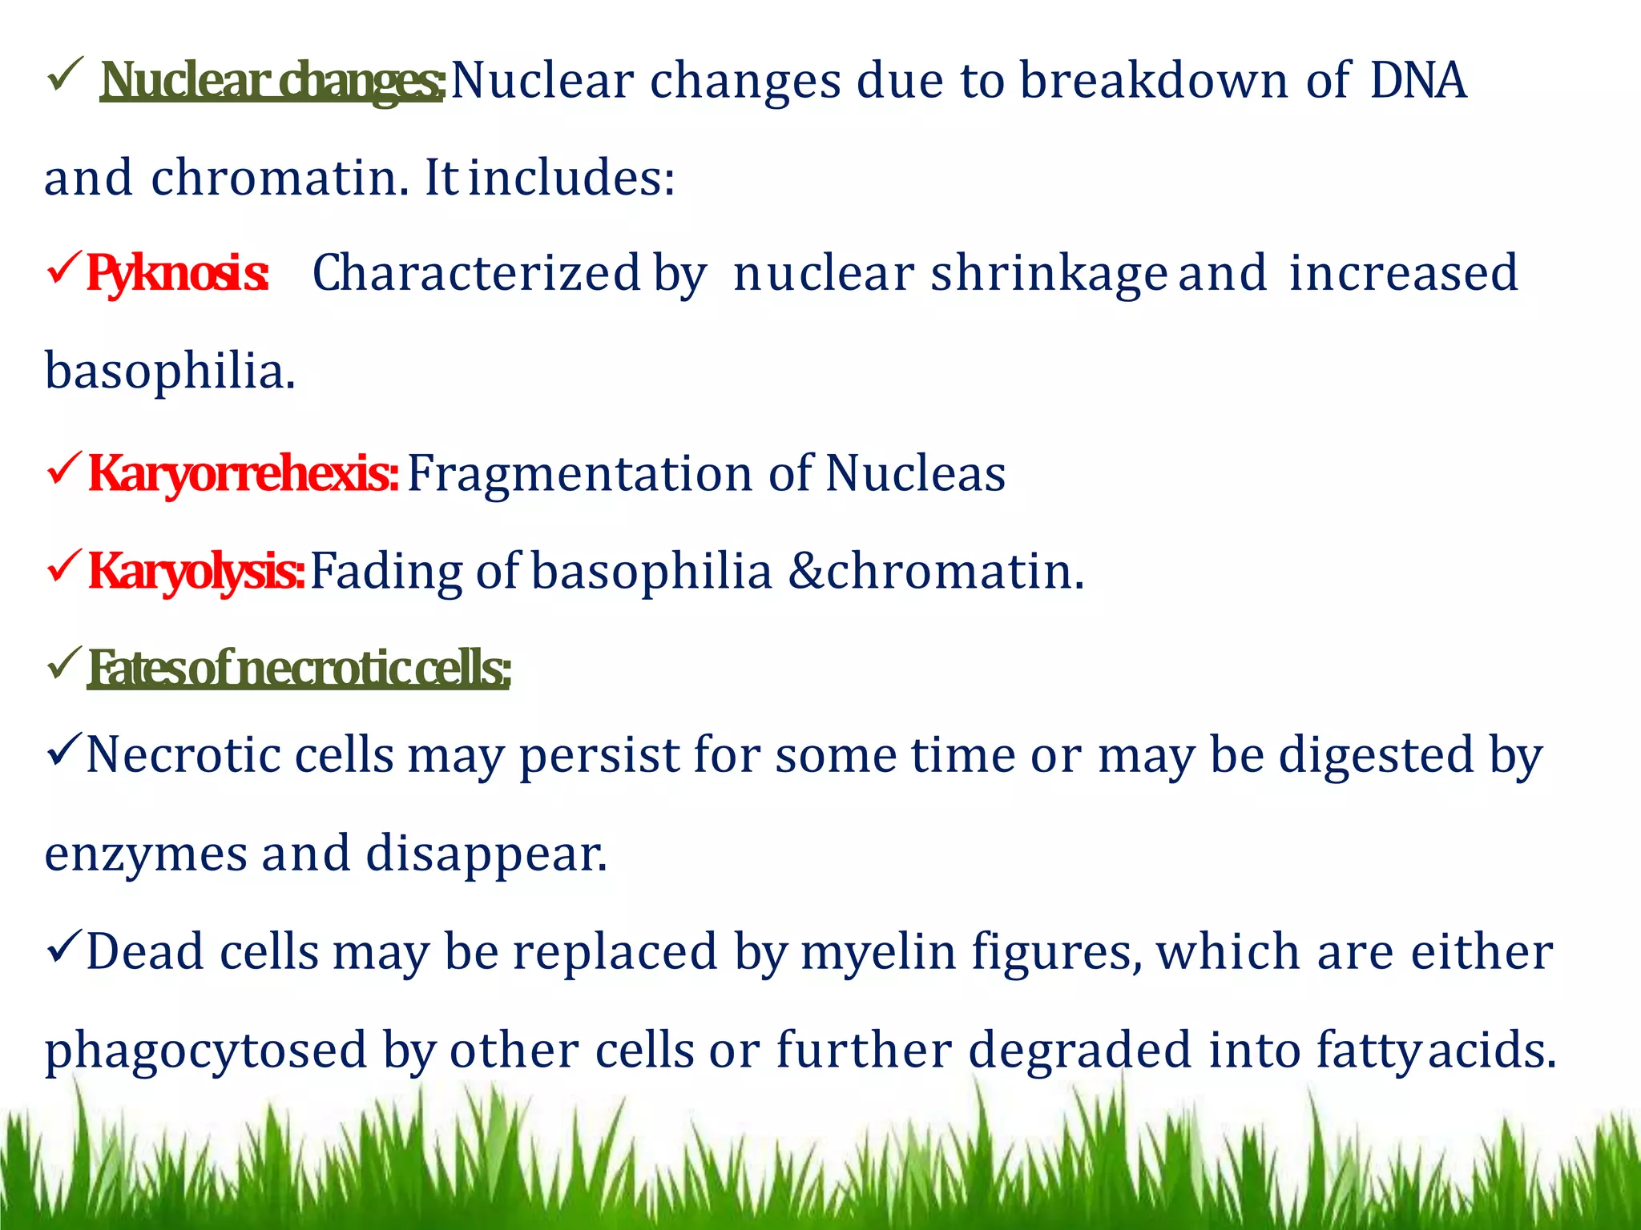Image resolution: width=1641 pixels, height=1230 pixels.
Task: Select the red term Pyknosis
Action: click(x=176, y=274)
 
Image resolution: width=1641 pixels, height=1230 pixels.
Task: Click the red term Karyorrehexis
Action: click(x=242, y=473)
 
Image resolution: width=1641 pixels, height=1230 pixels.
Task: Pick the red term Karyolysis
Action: click(x=196, y=572)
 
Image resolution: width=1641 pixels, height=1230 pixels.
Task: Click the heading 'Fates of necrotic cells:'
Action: click(x=298, y=669)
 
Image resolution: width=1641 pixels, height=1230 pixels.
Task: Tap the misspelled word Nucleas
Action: click(x=915, y=473)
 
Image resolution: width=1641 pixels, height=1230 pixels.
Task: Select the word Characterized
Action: click(x=476, y=274)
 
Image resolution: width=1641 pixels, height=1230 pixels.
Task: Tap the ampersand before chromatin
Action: click(x=804, y=572)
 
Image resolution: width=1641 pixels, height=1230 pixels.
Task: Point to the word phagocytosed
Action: click(x=205, y=1051)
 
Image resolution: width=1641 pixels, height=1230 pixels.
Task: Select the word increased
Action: click(x=1403, y=274)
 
